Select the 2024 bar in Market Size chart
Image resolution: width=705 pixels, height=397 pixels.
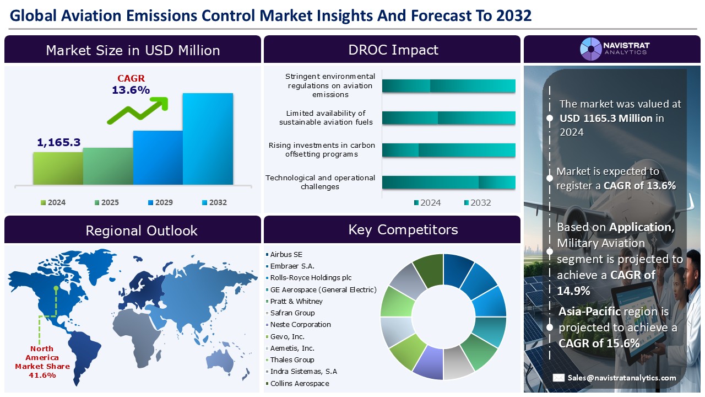[x=58, y=168]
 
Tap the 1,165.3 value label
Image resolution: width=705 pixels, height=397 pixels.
[x=59, y=143]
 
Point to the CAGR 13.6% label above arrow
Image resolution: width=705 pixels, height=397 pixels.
[x=131, y=84]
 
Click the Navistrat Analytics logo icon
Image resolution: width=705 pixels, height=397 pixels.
[x=591, y=49]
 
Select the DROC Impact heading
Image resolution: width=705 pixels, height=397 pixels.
[x=393, y=50]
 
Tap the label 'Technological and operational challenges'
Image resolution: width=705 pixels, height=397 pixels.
[x=320, y=182]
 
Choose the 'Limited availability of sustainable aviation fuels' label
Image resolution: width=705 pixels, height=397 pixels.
[x=326, y=117]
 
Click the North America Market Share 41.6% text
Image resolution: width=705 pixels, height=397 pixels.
[x=42, y=362]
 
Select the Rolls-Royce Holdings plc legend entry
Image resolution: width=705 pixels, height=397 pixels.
[x=311, y=278]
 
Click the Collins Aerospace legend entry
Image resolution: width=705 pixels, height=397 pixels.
[x=300, y=384]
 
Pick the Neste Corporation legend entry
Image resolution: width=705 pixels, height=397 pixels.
[x=300, y=325]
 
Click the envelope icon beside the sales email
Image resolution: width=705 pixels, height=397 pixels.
[x=558, y=378]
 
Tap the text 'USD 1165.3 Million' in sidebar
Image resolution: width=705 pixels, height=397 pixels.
[x=606, y=118]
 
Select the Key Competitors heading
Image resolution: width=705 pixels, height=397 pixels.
[x=403, y=229]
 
